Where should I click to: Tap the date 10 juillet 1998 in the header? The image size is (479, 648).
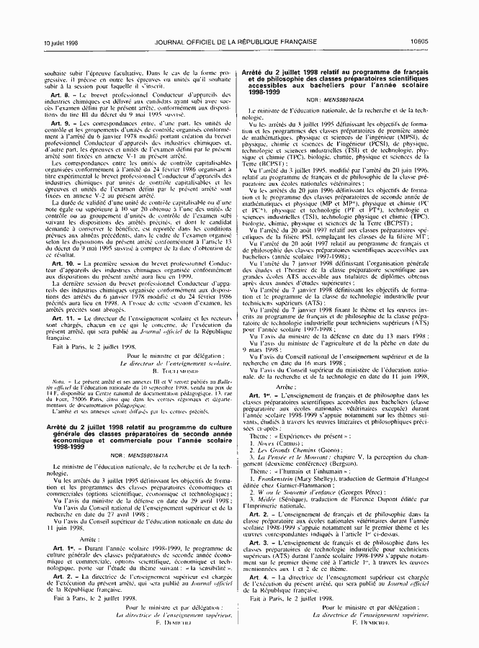61,43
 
